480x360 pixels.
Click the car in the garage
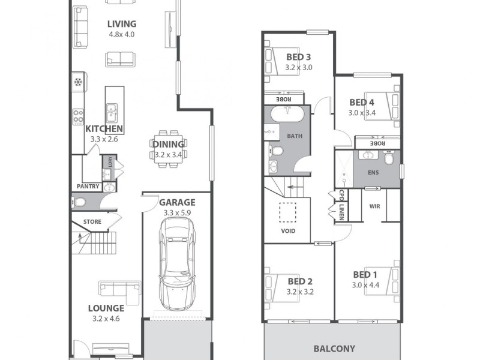177,262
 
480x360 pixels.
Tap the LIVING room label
122,24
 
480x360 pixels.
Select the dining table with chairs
168,149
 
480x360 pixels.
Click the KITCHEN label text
104,128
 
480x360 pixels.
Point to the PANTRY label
88,187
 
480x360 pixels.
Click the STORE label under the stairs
92,221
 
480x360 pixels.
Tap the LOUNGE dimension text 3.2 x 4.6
106,319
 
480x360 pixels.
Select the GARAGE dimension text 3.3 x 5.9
176,212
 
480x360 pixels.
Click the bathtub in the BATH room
287,115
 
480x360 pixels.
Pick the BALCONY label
334,348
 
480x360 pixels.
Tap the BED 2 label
300,281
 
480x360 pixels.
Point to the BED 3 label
298,57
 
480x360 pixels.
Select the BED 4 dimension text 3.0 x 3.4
362,112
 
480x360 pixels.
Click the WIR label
375,206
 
